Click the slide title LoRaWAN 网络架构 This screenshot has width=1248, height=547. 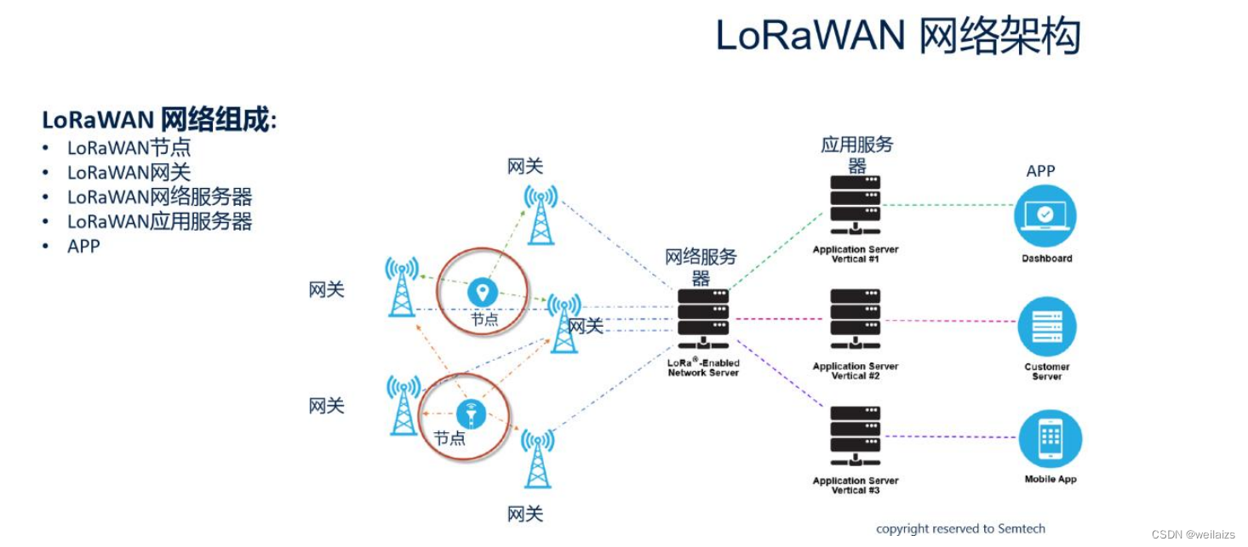pos(897,36)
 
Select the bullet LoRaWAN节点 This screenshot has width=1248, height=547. pos(129,148)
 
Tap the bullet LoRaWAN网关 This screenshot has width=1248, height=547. pos(129,173)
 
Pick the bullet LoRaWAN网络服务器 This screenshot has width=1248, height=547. pos(159,197)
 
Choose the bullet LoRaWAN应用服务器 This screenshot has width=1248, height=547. pos(159,222)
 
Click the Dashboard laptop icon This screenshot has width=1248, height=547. pos(1045,215)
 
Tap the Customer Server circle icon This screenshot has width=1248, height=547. pos(1046,328)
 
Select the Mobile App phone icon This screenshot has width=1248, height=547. pos(1050,439)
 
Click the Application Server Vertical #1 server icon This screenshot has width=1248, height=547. pos(855,205)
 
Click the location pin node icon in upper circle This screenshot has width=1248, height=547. pos(483,292)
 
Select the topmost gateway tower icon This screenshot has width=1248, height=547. pos(541,214)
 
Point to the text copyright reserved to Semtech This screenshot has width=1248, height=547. pos(960,528)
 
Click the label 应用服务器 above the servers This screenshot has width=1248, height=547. pos(856,154)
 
